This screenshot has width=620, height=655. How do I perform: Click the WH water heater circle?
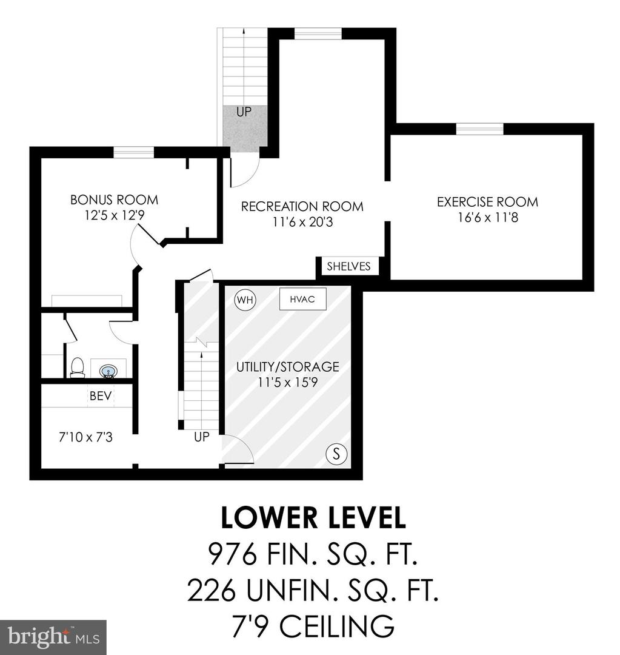tap(245, 300)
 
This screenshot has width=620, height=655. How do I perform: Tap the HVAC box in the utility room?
tap(302, 299)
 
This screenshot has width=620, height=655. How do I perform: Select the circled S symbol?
tap(336, 453)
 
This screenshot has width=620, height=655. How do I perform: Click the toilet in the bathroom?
tap(77, 368)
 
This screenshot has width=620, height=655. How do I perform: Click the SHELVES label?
tap(348, 266)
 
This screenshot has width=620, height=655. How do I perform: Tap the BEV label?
tap(101, 395)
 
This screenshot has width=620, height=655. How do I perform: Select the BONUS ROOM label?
tap(115, 200)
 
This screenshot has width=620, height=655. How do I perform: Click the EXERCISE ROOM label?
tap(488, 202)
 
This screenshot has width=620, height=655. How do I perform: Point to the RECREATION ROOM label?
tap(302, 206)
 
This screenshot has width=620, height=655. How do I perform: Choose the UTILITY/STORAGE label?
tap(288, 366)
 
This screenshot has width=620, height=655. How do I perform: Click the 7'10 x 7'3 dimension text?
tap(85, 437)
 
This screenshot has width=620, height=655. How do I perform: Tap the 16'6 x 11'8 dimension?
tap(488, 217)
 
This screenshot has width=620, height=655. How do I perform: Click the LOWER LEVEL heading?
tap(313, 517)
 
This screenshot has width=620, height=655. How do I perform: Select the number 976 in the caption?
tap(233, 554)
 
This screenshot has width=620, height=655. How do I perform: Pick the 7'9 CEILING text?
tap(313, 625)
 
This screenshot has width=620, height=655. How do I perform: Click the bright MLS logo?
tap(53, 637)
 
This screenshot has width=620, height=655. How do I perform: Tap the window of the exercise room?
tap(480, 129)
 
